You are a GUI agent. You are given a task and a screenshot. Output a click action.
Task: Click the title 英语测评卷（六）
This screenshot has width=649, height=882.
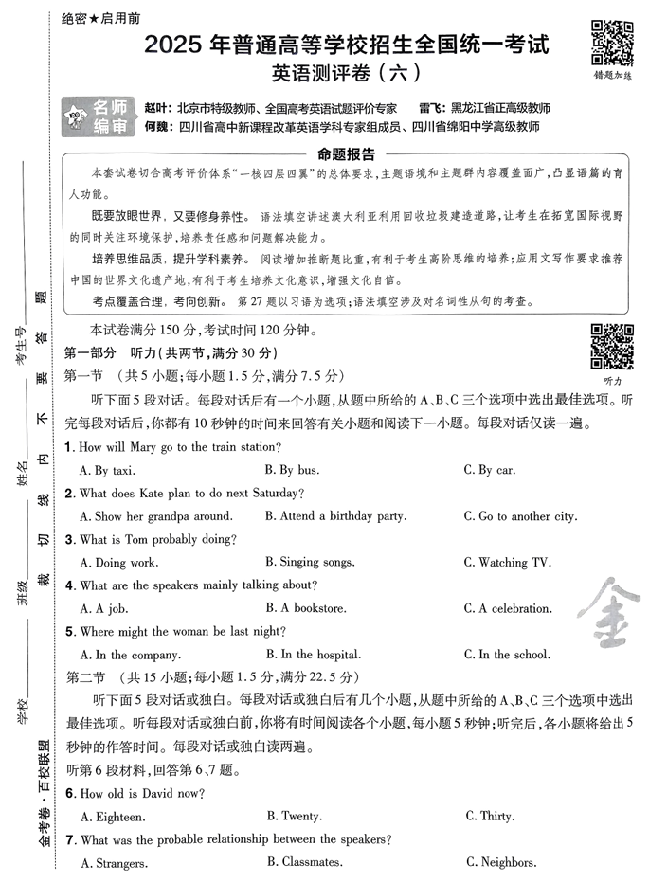pyautogui.click(x=343, y=71)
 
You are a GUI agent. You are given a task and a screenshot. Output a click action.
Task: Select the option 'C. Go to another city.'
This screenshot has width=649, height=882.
pyautogui.click(x=520, y=516)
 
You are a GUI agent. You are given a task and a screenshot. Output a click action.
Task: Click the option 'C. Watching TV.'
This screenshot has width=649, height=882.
pyautogui.click(x=507, y=562)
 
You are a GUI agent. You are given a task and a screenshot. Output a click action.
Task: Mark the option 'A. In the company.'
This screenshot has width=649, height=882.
pyautogui.click(x=130, y=655)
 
